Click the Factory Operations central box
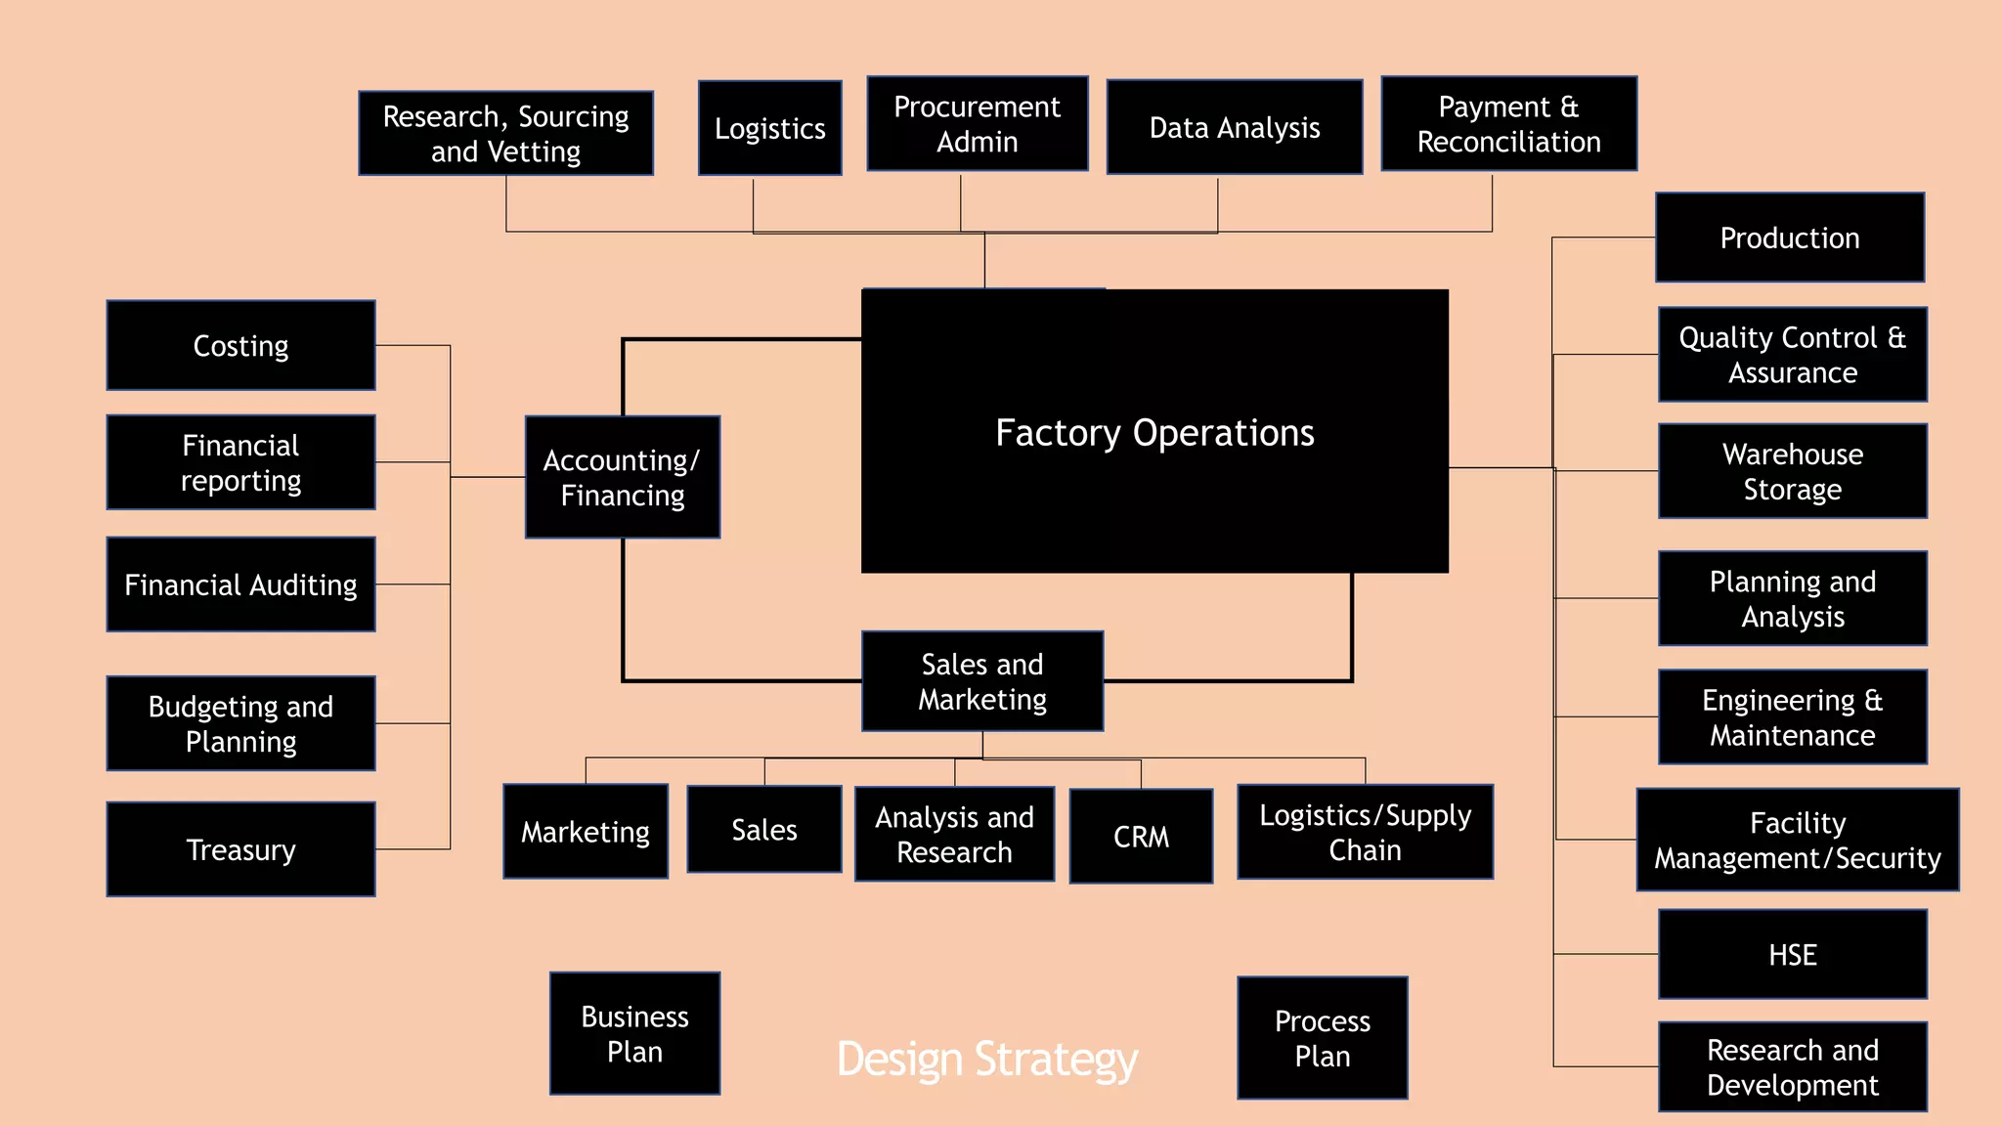pos(1154,431)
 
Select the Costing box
pos(240,345)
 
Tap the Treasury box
pos(240,849)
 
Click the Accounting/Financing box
pos(622,477)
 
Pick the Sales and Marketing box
pos(982,681)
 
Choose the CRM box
pos(1141,837)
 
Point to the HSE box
pos(1792,954)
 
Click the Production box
pos(1789,238)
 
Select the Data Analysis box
pos(1234,127)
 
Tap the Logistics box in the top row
pos(769,128)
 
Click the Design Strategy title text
pos(986,1060)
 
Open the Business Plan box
pos(634,1033)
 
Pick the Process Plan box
pos(1322,1038)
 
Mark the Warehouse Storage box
pos(1792,471)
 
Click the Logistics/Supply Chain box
pos(1365,832)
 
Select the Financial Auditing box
pos(240,585)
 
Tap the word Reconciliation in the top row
pos(1508,143)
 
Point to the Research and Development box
pos(1792,1066)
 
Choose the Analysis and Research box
pos(954,834)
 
